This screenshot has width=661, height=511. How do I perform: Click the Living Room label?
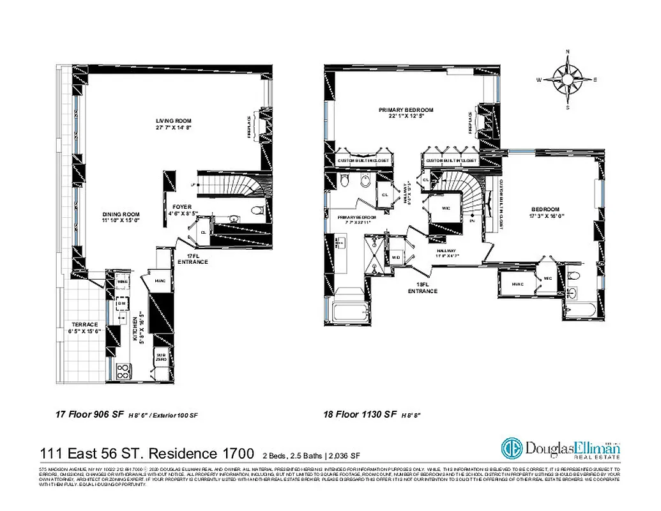click(x=174, y=124)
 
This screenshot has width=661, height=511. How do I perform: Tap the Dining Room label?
click(x=121, y=217)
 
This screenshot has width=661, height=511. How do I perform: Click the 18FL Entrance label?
click(x=422, y=288)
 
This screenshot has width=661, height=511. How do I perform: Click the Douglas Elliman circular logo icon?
click(x=512, y=448)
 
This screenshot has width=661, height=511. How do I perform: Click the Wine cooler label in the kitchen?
click(x=123, y=281)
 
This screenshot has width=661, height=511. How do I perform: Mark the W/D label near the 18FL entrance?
click(x=395, y=258)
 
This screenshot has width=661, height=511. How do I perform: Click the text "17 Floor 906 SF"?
click(x=90, y=415)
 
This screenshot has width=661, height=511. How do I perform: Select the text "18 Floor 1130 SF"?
click(x=360, y=415)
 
